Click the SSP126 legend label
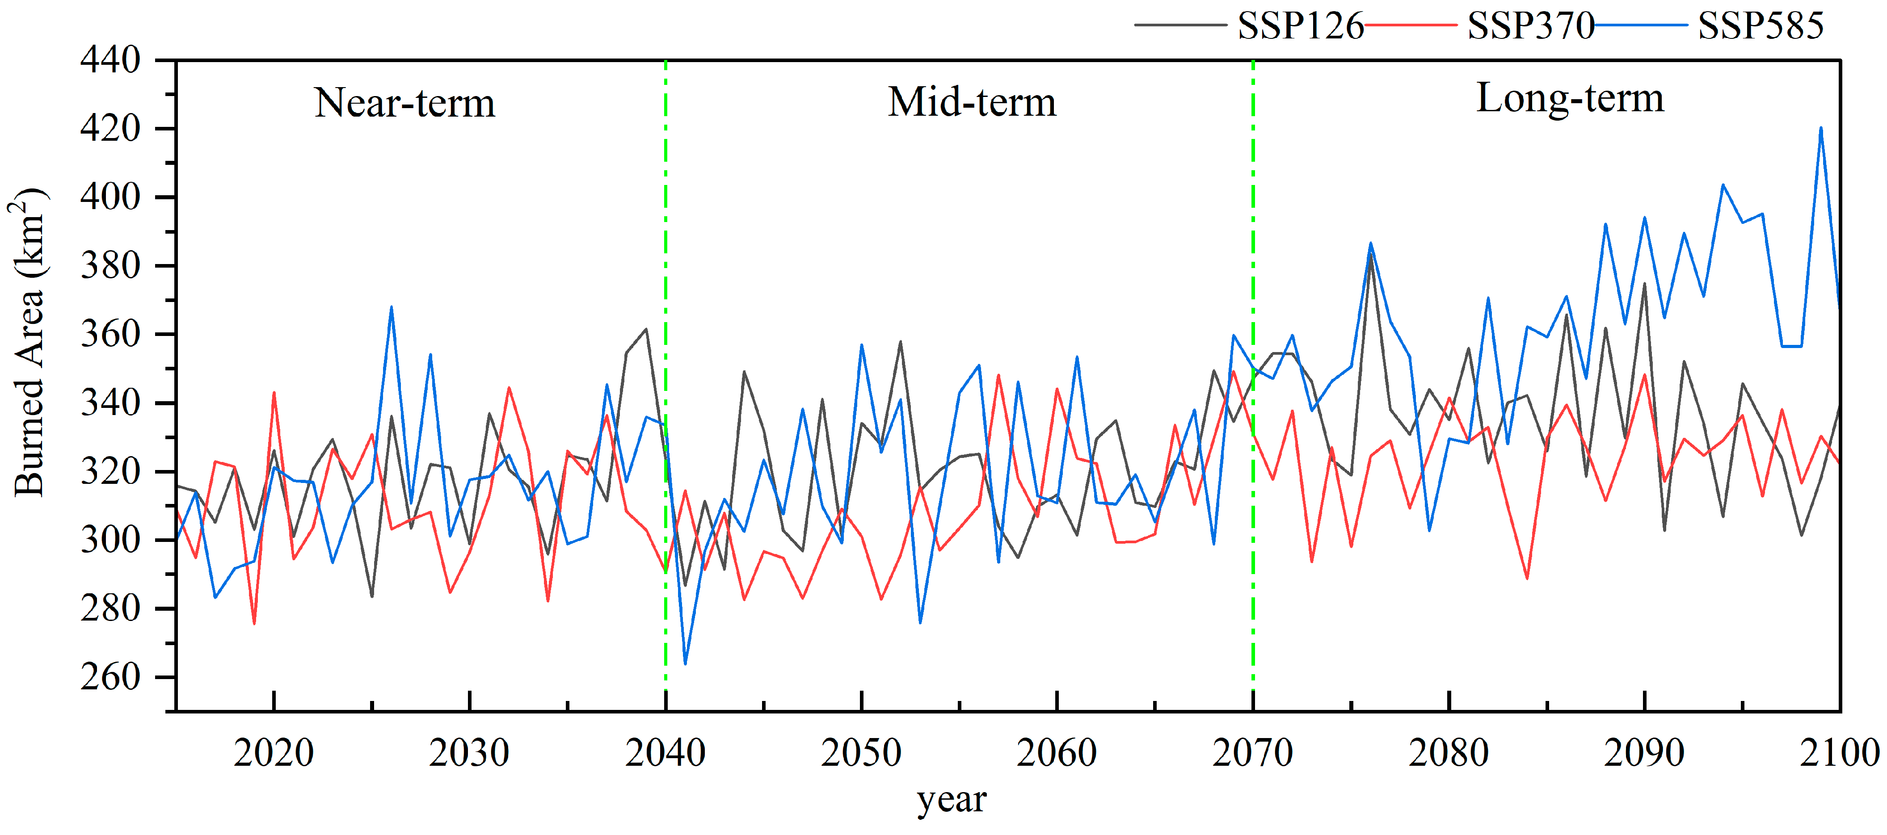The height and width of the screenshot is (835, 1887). (1300, 26)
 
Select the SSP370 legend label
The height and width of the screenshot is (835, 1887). (1530, 26)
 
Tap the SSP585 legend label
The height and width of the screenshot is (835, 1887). (1760, 26)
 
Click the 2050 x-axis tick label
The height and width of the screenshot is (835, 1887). (861, 753)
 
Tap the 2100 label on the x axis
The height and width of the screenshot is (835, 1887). (1839, 753)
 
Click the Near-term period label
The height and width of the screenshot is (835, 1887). (404, 103)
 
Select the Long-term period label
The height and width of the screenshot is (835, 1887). (1570, 98)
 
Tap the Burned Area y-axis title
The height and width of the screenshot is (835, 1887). (29, 342)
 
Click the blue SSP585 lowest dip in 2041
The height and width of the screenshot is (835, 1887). (685, 663)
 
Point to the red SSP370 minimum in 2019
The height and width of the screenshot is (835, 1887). (254, 623)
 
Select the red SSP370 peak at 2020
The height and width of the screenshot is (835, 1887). (274, 393)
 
